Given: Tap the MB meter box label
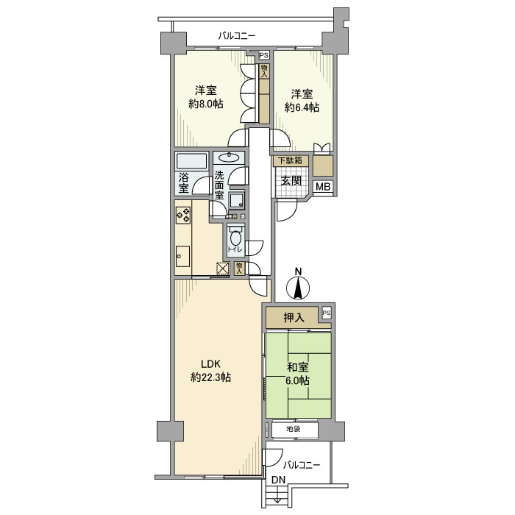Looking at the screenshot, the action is [x=323, y=187].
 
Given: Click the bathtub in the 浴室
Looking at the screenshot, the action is [x=192, y=161].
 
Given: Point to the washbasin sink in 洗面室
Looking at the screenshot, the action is [x=229, y=158].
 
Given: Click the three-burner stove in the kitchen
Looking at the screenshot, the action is [x=183, y=215].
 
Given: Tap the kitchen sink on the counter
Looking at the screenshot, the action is [x=183, y=256].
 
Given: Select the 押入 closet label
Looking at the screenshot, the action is [x=294, y=318].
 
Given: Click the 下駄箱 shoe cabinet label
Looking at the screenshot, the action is [x=290, y=160].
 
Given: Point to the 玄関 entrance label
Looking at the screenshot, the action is [x=291, y=180].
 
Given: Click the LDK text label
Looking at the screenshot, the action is [x=210, y=364].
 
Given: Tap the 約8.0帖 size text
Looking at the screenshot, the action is [x=206, y=104].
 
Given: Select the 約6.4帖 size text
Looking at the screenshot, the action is [x=302, y=107].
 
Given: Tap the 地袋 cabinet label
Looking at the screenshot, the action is [x=293, y=429].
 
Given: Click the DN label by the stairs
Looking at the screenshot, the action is [x=279, y=480].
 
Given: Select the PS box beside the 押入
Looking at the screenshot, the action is [x=326, y=313].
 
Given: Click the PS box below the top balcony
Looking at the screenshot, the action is [x=263, y=55].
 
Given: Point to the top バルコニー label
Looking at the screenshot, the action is [x=237, y=36].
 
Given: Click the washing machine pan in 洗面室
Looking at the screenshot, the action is [x=237, y=200].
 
